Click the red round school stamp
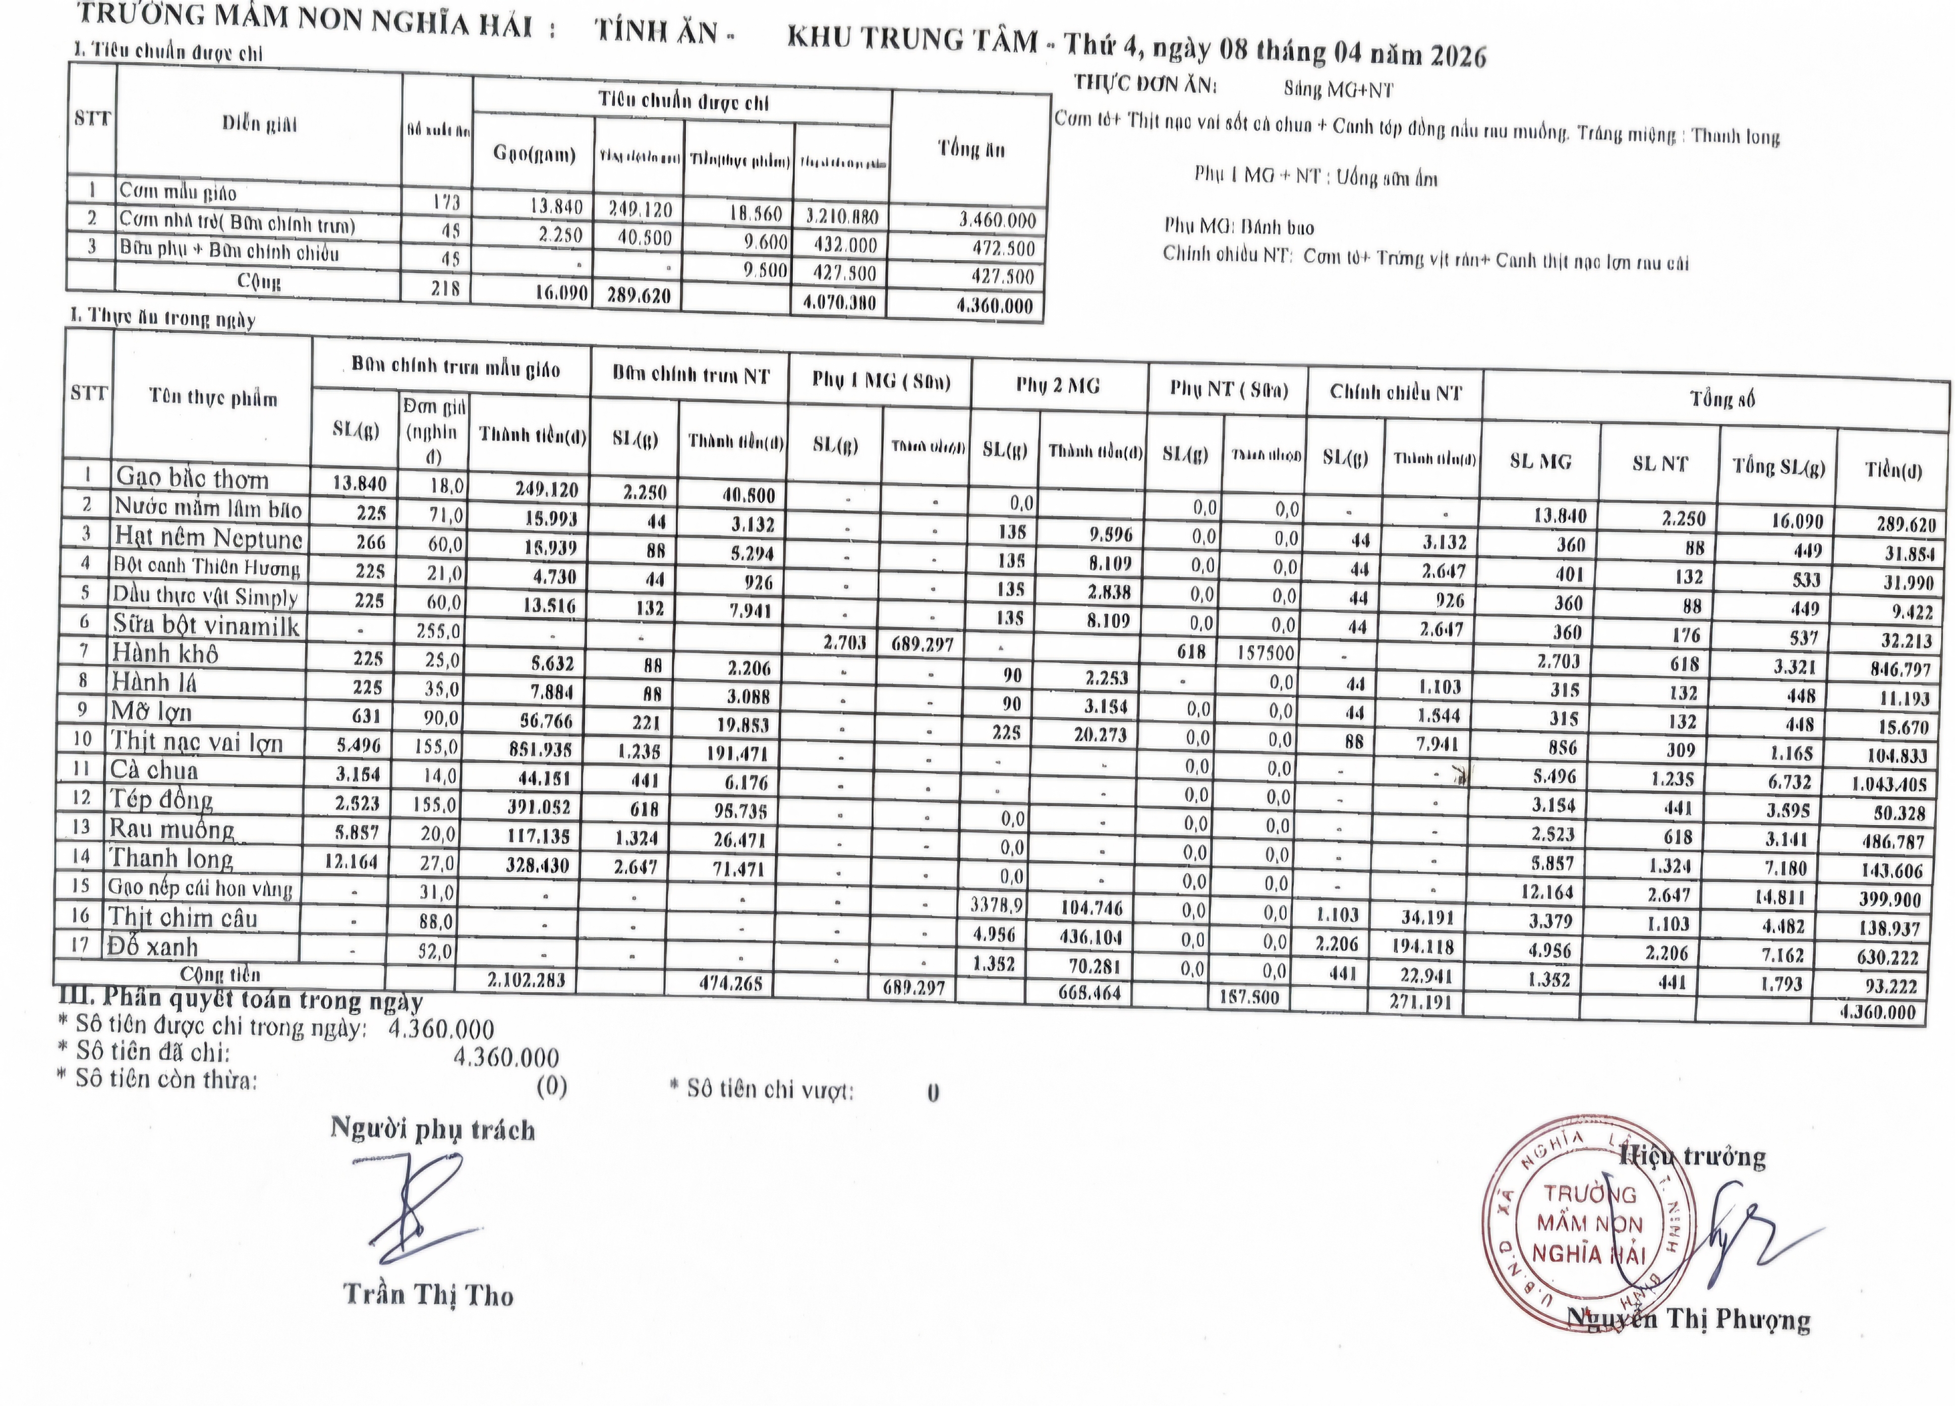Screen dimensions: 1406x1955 coord(1589,1224)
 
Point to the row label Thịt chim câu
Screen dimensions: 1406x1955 coord(183,918)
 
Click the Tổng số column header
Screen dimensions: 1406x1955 coord(1721,399)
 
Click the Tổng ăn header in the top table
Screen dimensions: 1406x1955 coord(971,149)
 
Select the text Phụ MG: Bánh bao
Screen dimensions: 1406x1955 coord(1239,227)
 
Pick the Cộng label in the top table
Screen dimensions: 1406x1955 coord(259,282)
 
